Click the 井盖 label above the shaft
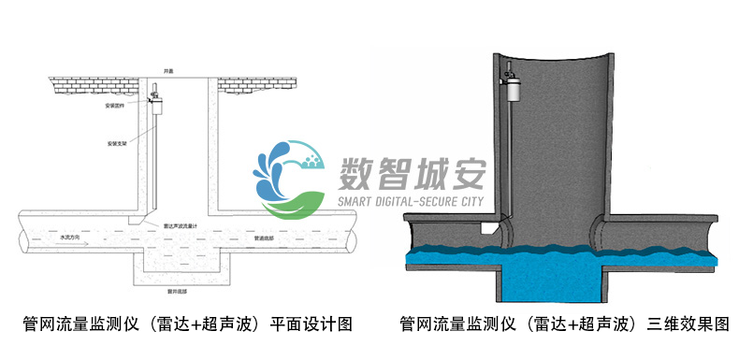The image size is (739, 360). (168, 71)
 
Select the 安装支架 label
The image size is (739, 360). (116, 144)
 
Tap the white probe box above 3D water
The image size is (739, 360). (486, 227)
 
